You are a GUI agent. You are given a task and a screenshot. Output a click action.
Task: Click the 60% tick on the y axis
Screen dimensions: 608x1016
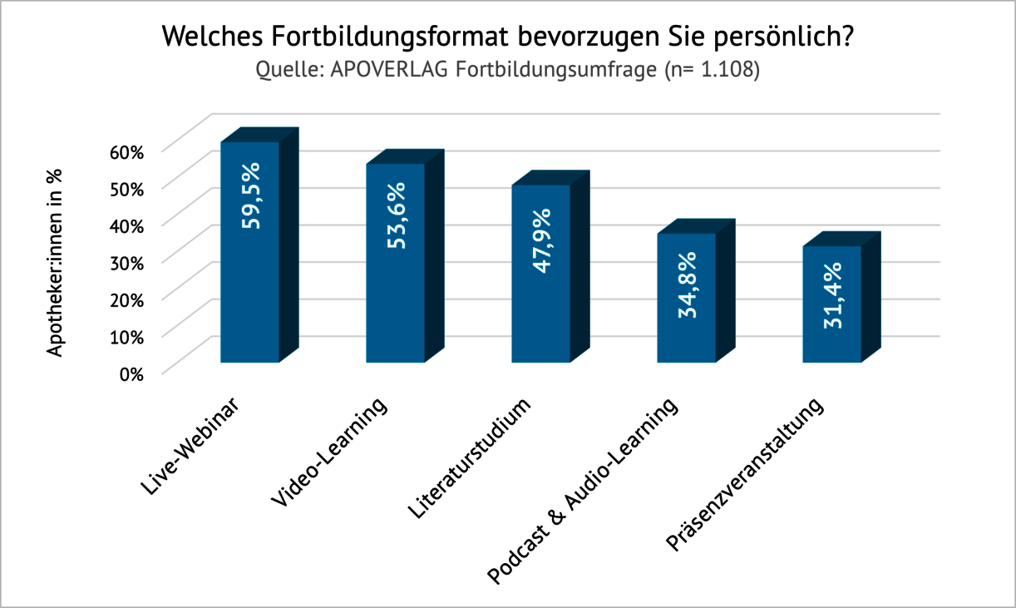pos(126,152)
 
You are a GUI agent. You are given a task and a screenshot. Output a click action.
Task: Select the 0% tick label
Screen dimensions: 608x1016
pos(131,373)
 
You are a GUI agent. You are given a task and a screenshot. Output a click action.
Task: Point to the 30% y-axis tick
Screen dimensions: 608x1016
pos(126,263)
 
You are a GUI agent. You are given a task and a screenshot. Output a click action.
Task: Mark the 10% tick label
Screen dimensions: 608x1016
pos(126,337)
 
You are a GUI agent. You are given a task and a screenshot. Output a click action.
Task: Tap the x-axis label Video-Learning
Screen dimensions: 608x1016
pos(330,452)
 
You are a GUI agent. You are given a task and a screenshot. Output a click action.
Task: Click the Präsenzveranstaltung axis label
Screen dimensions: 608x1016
pos(746,475)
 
